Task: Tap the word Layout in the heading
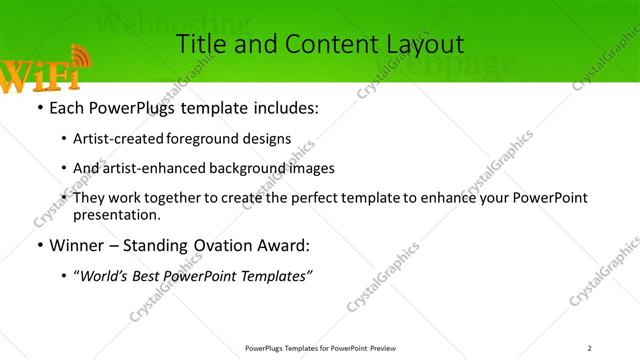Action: (x=423, y=44)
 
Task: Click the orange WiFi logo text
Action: (x=38, y=75)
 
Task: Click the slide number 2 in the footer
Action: (x=590, y=348)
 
